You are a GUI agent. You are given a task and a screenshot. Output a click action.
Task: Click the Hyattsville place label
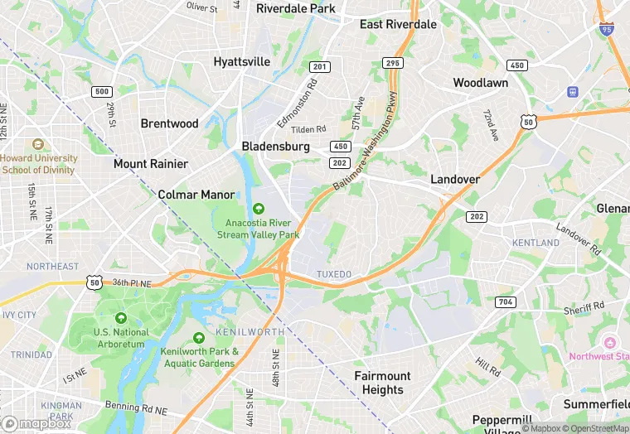[241, 61]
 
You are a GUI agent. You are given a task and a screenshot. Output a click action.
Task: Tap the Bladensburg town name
[275, 146]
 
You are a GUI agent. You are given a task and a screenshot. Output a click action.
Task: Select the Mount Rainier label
[150, 163]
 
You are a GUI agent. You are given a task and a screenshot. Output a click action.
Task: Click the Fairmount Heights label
[382, 383]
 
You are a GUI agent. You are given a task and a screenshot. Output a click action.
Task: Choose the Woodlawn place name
[480, 83]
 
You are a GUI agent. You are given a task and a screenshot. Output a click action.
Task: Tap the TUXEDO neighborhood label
[334, 274]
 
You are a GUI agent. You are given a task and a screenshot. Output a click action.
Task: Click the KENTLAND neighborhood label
[535, 243]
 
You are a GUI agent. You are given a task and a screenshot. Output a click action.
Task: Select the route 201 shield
[319, 66]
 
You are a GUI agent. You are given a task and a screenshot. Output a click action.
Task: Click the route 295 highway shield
[392, 64]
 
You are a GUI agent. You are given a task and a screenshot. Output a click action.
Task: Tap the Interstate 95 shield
[606, 28]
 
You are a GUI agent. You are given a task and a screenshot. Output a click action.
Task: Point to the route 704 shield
[506, 302]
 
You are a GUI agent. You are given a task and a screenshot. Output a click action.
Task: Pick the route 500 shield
[102, 91]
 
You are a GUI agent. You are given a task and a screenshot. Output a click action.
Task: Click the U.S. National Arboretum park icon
[121, 318]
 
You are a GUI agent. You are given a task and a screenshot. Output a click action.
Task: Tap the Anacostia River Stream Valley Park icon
[258, 208]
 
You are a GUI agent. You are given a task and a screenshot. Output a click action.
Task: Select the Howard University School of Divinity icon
[36, 144]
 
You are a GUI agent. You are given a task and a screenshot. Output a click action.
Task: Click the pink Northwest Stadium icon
[610, 342]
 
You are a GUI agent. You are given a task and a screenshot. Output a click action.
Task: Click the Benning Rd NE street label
[136, 409]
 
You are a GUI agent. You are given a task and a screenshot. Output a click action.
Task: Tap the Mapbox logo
[36, 422]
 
